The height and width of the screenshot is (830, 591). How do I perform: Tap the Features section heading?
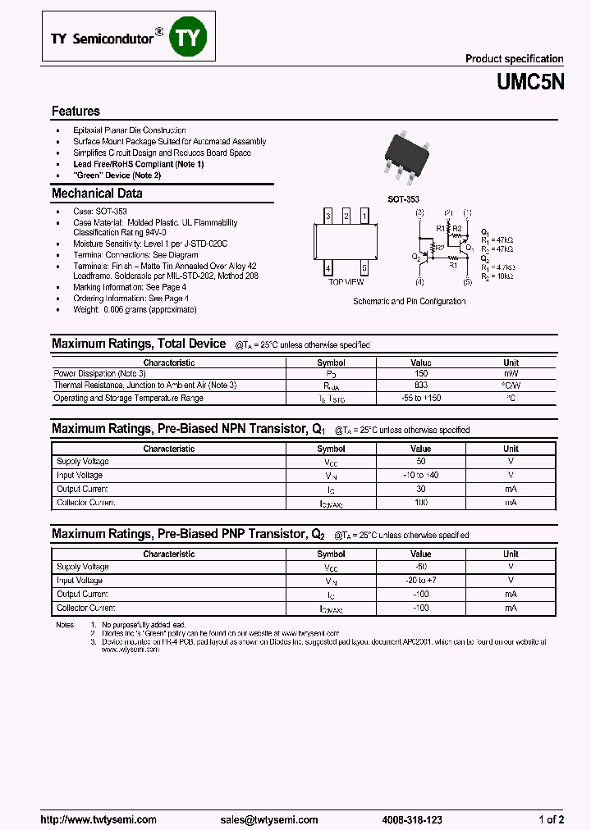coord(76,111)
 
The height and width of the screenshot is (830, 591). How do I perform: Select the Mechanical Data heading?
coord(97,194)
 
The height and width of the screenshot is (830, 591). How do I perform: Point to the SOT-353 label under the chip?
coord(403,199)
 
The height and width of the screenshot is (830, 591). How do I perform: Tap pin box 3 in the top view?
coord(328,216)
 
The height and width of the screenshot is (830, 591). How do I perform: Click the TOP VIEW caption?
coord(346,281)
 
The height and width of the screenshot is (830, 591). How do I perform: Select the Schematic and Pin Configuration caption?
coord(410,301)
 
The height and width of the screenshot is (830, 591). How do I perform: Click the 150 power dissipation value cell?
coord(421,373)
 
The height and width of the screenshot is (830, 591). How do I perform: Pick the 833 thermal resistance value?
coord(421,385)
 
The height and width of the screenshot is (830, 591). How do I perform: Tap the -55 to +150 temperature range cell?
coord(421,398)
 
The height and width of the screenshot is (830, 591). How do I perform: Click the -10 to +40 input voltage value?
coord(421,475)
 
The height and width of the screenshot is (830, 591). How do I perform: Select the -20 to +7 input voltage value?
coord(421,581)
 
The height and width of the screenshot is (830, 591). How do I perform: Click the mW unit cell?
coord(511,373)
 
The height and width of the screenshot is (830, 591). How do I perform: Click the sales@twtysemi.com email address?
coord(268,819)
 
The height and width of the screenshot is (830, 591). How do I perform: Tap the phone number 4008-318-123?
coord(411,819)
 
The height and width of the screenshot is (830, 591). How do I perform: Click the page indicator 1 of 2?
coord(550,819)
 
